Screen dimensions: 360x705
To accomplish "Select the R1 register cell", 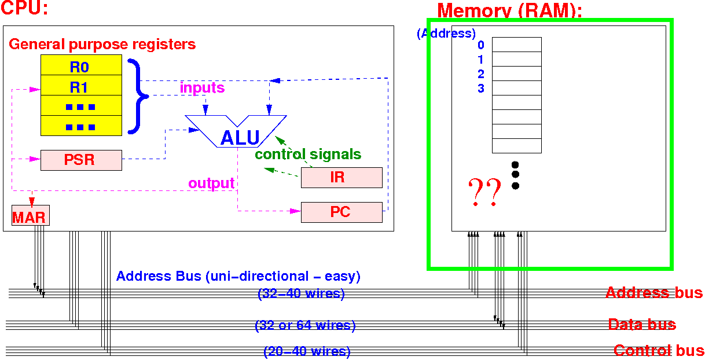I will [x=81, y=87].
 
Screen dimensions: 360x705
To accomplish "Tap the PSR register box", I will [x=81, y=160].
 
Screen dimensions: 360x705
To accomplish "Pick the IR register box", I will [x=341, y=178].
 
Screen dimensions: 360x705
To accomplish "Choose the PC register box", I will [x=341, y=212].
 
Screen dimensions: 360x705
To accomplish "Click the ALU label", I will [x=240, y=138].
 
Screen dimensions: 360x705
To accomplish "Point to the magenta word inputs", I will [x=202, y=88].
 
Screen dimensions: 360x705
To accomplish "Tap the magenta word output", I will [x=211, y=183].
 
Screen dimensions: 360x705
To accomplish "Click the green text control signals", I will [x=308, y=155].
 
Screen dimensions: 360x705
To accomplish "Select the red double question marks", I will [x=484, y=192].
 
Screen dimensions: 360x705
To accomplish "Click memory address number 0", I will [x=481, y=45].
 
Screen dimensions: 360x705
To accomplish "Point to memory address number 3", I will [x=481, y=89].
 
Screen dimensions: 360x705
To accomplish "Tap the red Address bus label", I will [x=653, y=293].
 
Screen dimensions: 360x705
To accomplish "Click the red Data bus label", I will [x=641, y=325].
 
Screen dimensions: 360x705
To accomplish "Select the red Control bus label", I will [x=659, y=350].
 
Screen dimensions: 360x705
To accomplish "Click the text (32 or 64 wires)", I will [x=305, y=326].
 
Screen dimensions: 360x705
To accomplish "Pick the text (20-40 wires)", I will [x=307, y=351].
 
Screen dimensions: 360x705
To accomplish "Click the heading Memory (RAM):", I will [x=509, y=10].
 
